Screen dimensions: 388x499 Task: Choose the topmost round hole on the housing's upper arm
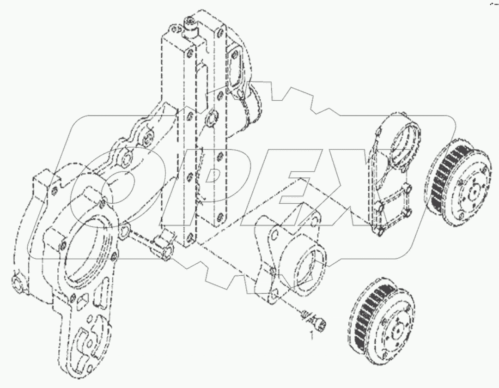pyautogui.click(x=149, y=136)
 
